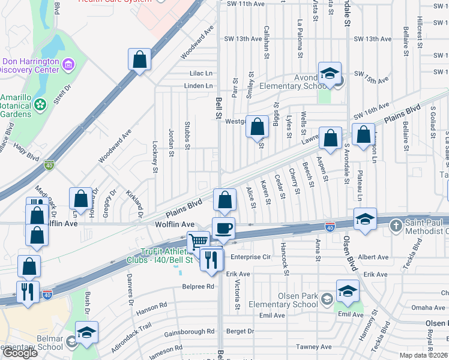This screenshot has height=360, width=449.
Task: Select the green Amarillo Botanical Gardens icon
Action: [40, 104]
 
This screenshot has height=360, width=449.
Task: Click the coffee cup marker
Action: [224, 229]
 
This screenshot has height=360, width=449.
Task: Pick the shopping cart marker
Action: [198, 242]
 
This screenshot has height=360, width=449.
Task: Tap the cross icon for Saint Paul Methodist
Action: [396, 226]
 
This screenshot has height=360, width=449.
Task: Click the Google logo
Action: [19, 353]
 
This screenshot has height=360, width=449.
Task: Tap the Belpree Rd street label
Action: [198, 287]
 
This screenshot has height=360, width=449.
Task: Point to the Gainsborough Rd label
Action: [190, 331]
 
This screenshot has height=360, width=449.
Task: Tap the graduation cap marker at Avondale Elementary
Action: [330, 73]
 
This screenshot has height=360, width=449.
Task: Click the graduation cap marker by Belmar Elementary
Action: [86, 332]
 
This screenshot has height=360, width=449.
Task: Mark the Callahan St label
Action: [266, 43]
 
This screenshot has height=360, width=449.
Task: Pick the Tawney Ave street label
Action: [313, 347]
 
